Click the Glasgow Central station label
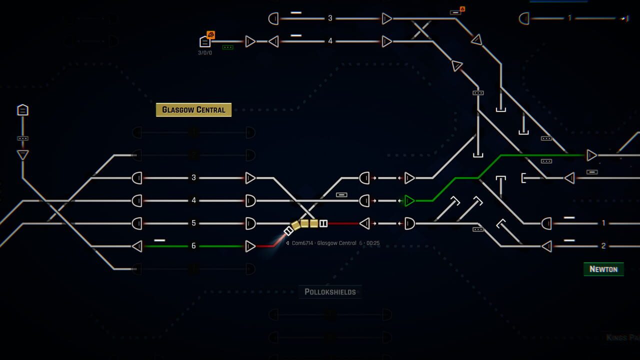click(x=193, y=110)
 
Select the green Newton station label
click(x=603, y=269)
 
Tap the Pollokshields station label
click(x=330, y=291)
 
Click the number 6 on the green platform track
click(x=194, y=246)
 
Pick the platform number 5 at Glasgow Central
click(x=194, y=223)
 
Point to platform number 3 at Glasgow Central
click(x=194, y=177)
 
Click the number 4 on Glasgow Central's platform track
click(x=194, y=200)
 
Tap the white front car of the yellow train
click(x=288, y=231)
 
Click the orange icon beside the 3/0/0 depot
click(x=211, y=35)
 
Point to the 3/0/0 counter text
click(x=205, y=52)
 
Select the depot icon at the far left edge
click(x=22, y=110)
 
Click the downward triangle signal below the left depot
click(x=22, y=155)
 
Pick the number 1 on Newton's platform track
click(x=603, y=223)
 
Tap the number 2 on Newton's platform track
click(x=603, y=246)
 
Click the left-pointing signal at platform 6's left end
click(x=137, y=246)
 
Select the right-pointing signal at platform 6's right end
click(x=250, y=246)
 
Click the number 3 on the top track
click(x=330, y=18)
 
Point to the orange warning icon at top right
click(x=462, y=9)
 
